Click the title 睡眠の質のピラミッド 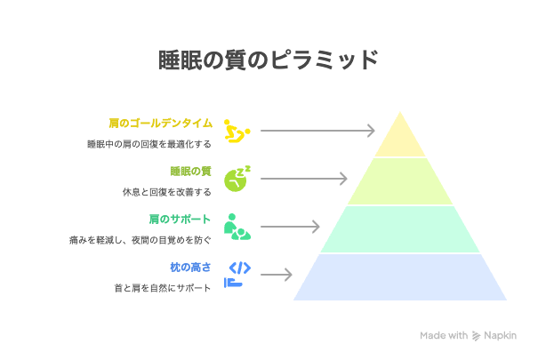[x=269, y=60]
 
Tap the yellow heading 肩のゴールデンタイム [x=161, y=123]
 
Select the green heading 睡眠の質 [x=191, y=171]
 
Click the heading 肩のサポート [x=180, y=219]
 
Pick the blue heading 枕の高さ [x=190, y=267]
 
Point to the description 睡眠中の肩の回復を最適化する [x=149, y=144]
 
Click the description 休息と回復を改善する [x=167, y=192]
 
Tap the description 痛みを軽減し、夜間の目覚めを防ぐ [x=141, y=240]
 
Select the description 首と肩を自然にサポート [x=163, y=288]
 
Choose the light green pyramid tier [x=400, y=181]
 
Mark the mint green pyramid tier [x=400, y=229]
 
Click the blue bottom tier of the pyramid [x=400, y=277]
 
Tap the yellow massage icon [x=237, y=131]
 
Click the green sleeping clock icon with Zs [x=237, y=179]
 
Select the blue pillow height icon [x=237, y=275]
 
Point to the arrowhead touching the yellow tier [x=371, y=131]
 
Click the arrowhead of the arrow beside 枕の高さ [x=288, y=275]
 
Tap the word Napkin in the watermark [x=500, y=335]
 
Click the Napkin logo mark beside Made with [x=476, y=336]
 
